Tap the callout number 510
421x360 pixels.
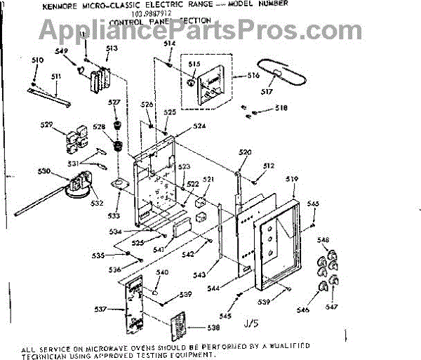tap(38, 60)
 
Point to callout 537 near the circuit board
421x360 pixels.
tap(100, 309)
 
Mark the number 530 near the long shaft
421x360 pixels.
tap(44, 171)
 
